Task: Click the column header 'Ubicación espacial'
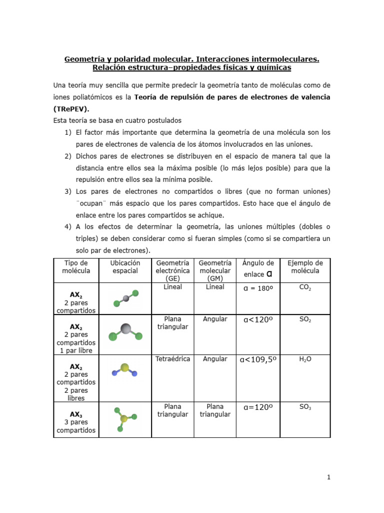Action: coord(125,267)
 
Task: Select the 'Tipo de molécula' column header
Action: coord(76,267)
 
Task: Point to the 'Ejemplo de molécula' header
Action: coord(305,267)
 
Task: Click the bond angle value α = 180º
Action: coord(257,288)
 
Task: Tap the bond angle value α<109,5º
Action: coord(257,359)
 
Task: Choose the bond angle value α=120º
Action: coord(257,407)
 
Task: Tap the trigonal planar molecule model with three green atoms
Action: coord(124,418)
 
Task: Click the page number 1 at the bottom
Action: coord(328,477)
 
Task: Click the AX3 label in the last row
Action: coord(76,414)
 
